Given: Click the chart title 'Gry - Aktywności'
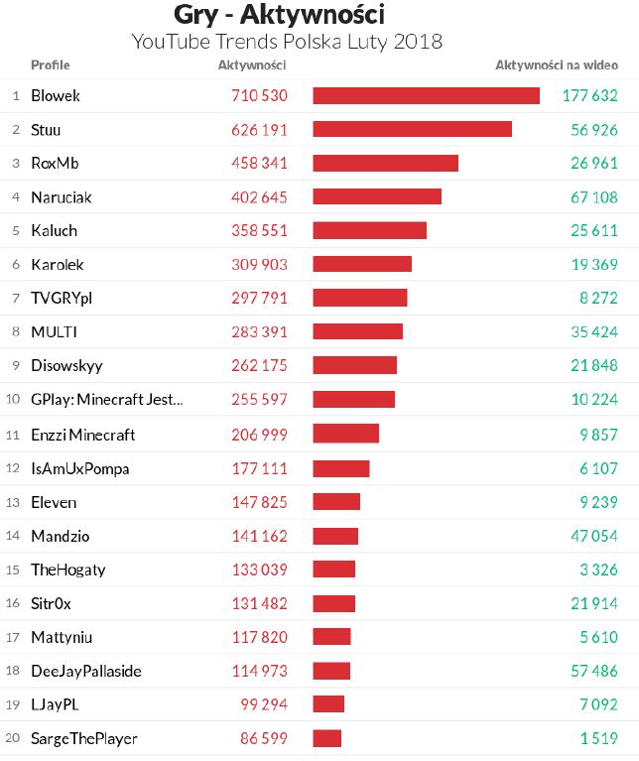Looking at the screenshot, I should coord(279,15).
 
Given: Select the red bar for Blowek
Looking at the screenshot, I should coord(426,96).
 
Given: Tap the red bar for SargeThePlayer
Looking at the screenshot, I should coord(326,738).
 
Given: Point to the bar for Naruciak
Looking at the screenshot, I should coord(377,197).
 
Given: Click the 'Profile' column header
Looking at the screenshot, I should coord(50,65).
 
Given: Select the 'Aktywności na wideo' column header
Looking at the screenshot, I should coord(557,65).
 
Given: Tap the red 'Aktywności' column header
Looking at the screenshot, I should coord(252,65).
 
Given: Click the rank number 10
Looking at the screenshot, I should coord(14,400).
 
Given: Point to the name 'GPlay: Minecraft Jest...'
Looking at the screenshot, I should coord(107,400).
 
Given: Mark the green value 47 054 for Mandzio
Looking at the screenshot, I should coord(593,536).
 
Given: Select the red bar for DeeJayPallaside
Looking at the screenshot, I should coord(331,671).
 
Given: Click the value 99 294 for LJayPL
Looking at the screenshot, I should coord(263,704).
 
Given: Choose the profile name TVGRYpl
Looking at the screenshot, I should coord(62,299).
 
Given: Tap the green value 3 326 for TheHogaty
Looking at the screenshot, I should coord(598,570).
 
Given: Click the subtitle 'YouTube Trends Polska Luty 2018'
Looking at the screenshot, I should coord(287,43).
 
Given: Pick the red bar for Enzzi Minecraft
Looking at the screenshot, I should coord(345,434).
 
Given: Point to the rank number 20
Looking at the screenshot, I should coord(14,738).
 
